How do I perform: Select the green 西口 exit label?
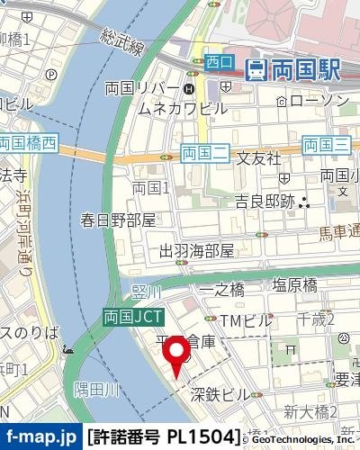[219, 62]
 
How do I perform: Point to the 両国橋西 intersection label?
[28, 142]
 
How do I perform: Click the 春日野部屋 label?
[118, 220]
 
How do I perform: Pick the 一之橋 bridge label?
[221, 289]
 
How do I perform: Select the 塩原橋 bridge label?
[295, 284]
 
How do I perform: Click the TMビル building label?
[245, 320]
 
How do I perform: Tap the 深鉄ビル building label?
[220, 393]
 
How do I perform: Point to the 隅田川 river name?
[96, 389]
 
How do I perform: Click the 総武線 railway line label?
[122, 42]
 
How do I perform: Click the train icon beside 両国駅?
[257, 67]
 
